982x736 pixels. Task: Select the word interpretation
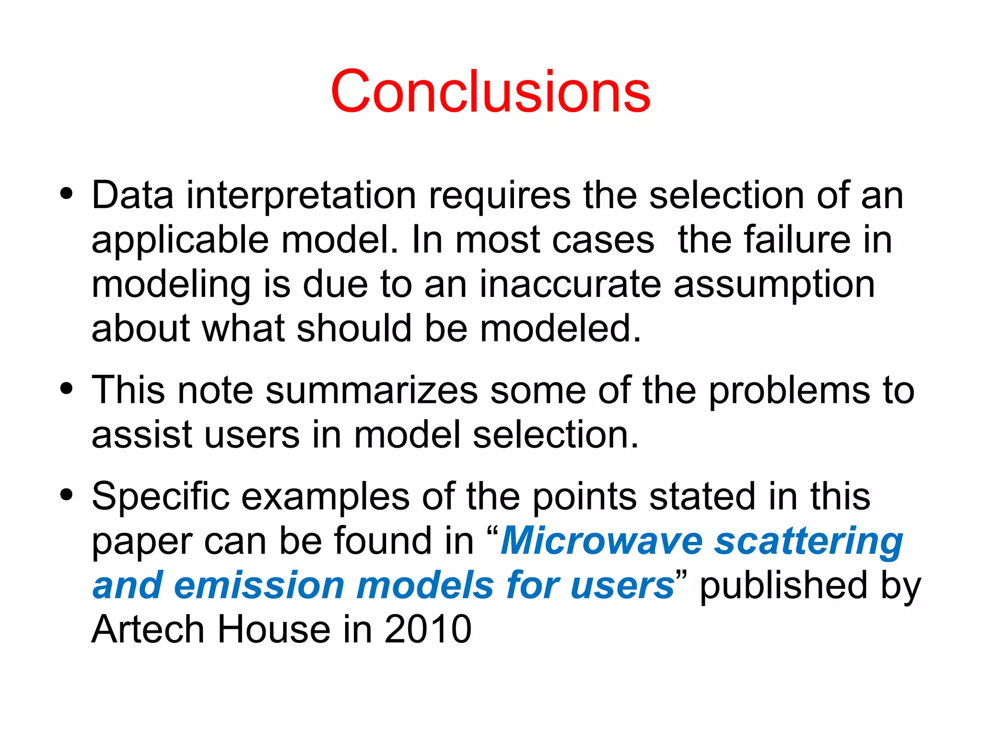(x=301, y=196)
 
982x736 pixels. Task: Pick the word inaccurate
(x=571, y=284)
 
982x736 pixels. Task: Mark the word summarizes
(x=372, y=390)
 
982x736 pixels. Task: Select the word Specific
(x=161, y=497)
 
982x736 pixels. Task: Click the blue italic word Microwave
(x=601, y=540)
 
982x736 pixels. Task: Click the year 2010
(x=428, y=629)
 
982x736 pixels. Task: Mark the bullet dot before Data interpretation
(x=67, y=194)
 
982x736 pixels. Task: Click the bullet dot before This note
(x=67, y=388)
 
